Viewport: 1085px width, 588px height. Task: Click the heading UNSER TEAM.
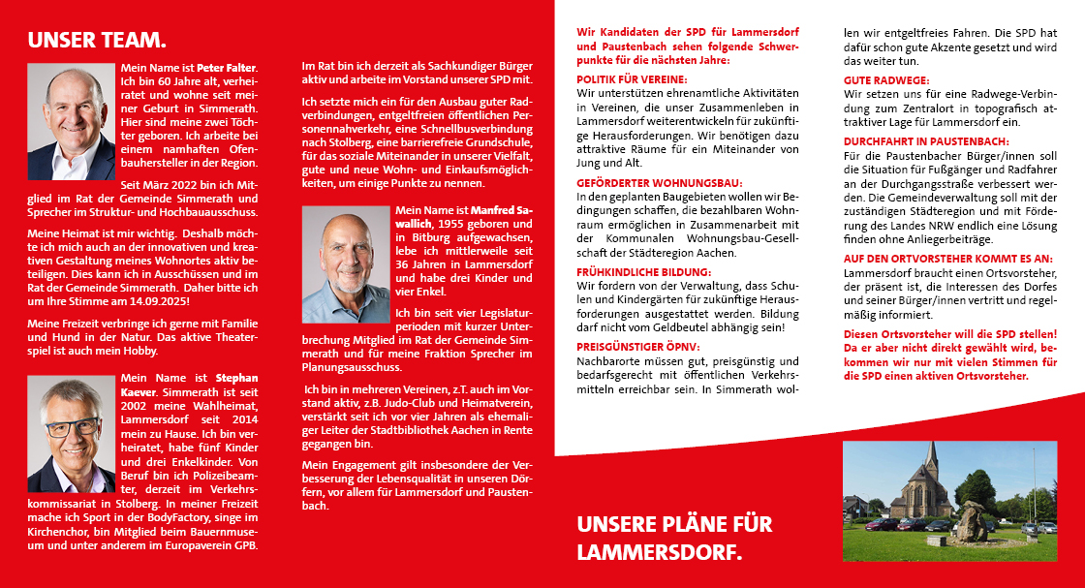[97, 41]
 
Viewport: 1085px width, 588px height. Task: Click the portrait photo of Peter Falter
[71, 122]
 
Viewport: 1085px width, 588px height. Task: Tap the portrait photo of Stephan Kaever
[71, 434]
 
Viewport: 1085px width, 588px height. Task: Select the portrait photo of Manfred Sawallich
[346, 264]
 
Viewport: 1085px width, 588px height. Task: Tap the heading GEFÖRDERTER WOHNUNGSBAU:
[660, 182]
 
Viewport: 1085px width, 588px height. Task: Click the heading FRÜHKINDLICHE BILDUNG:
[643, 273]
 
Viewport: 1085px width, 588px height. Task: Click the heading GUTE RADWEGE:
[886, 79]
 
